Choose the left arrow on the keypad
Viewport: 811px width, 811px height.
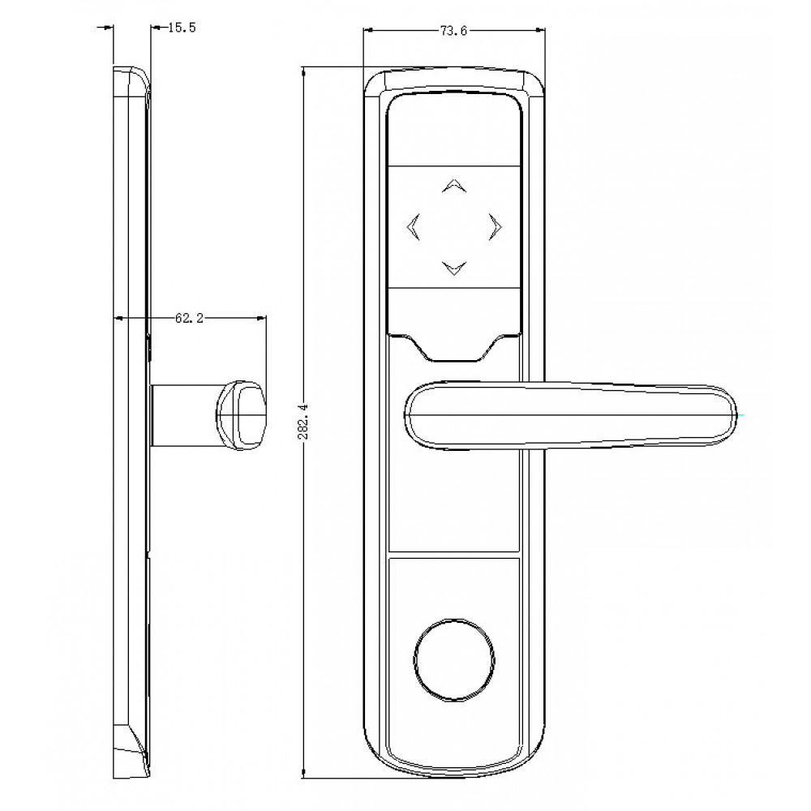coord(412,227)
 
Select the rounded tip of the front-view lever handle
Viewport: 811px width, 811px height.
coord(722,415)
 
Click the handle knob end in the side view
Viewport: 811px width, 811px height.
coord(241,414)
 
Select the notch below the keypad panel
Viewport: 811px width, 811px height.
coord(454,347)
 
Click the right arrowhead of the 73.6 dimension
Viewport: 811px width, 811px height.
coord(540,31)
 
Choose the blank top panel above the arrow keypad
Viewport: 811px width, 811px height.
coord(453,130)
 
